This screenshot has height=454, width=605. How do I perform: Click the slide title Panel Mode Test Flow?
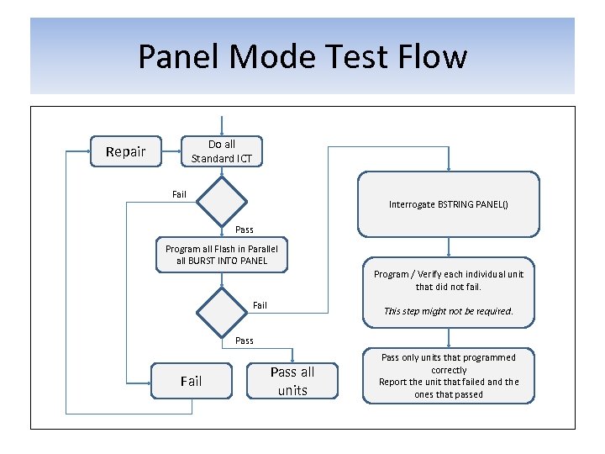click(302, 57)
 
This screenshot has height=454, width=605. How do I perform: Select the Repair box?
click(125, 152)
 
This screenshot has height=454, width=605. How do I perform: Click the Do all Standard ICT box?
click(222, 151)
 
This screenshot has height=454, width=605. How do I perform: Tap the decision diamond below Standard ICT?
click(222, 201)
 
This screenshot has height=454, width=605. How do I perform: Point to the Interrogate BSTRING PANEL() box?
click(449, 204)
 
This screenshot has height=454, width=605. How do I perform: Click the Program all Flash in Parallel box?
click(222, 255)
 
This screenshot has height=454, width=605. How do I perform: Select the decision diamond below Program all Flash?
click(222, 311)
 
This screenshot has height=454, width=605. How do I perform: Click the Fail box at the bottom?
click(192, 381)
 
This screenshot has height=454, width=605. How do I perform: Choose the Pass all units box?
click(292, 381)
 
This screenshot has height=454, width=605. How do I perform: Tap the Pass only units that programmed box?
click(449, 376)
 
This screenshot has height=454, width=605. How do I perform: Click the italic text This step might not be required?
click(449, 311)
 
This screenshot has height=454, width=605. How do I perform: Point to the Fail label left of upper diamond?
click(179, 195)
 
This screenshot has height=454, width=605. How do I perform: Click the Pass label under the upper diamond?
click(245, 230)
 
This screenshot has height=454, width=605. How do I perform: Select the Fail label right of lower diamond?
click(260, 305)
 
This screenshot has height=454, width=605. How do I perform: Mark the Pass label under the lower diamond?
click(245, 340)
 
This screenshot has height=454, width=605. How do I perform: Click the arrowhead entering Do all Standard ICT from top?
click(222, 133)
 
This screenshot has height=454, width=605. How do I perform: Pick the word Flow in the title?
click(434, 57)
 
